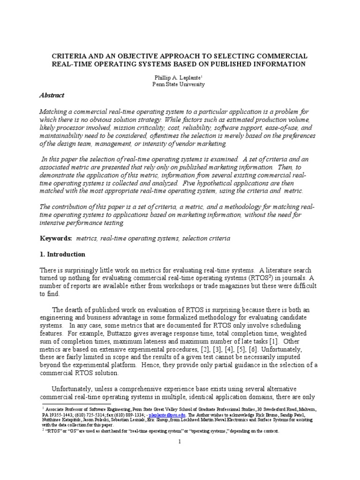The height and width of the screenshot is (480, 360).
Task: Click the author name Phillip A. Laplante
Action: [179, 76]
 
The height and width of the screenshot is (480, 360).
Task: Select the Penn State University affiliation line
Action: [180, 84]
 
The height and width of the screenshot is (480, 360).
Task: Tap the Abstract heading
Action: [52, 95]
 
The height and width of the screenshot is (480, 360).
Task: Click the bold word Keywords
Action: [55, 239]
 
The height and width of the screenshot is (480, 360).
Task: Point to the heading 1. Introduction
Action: [62, 255]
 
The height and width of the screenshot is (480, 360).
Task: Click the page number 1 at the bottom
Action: [180, 442]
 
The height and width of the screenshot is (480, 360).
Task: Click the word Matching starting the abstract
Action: [53, 111]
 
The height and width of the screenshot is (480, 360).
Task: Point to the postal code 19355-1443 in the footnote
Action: [61, 415]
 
